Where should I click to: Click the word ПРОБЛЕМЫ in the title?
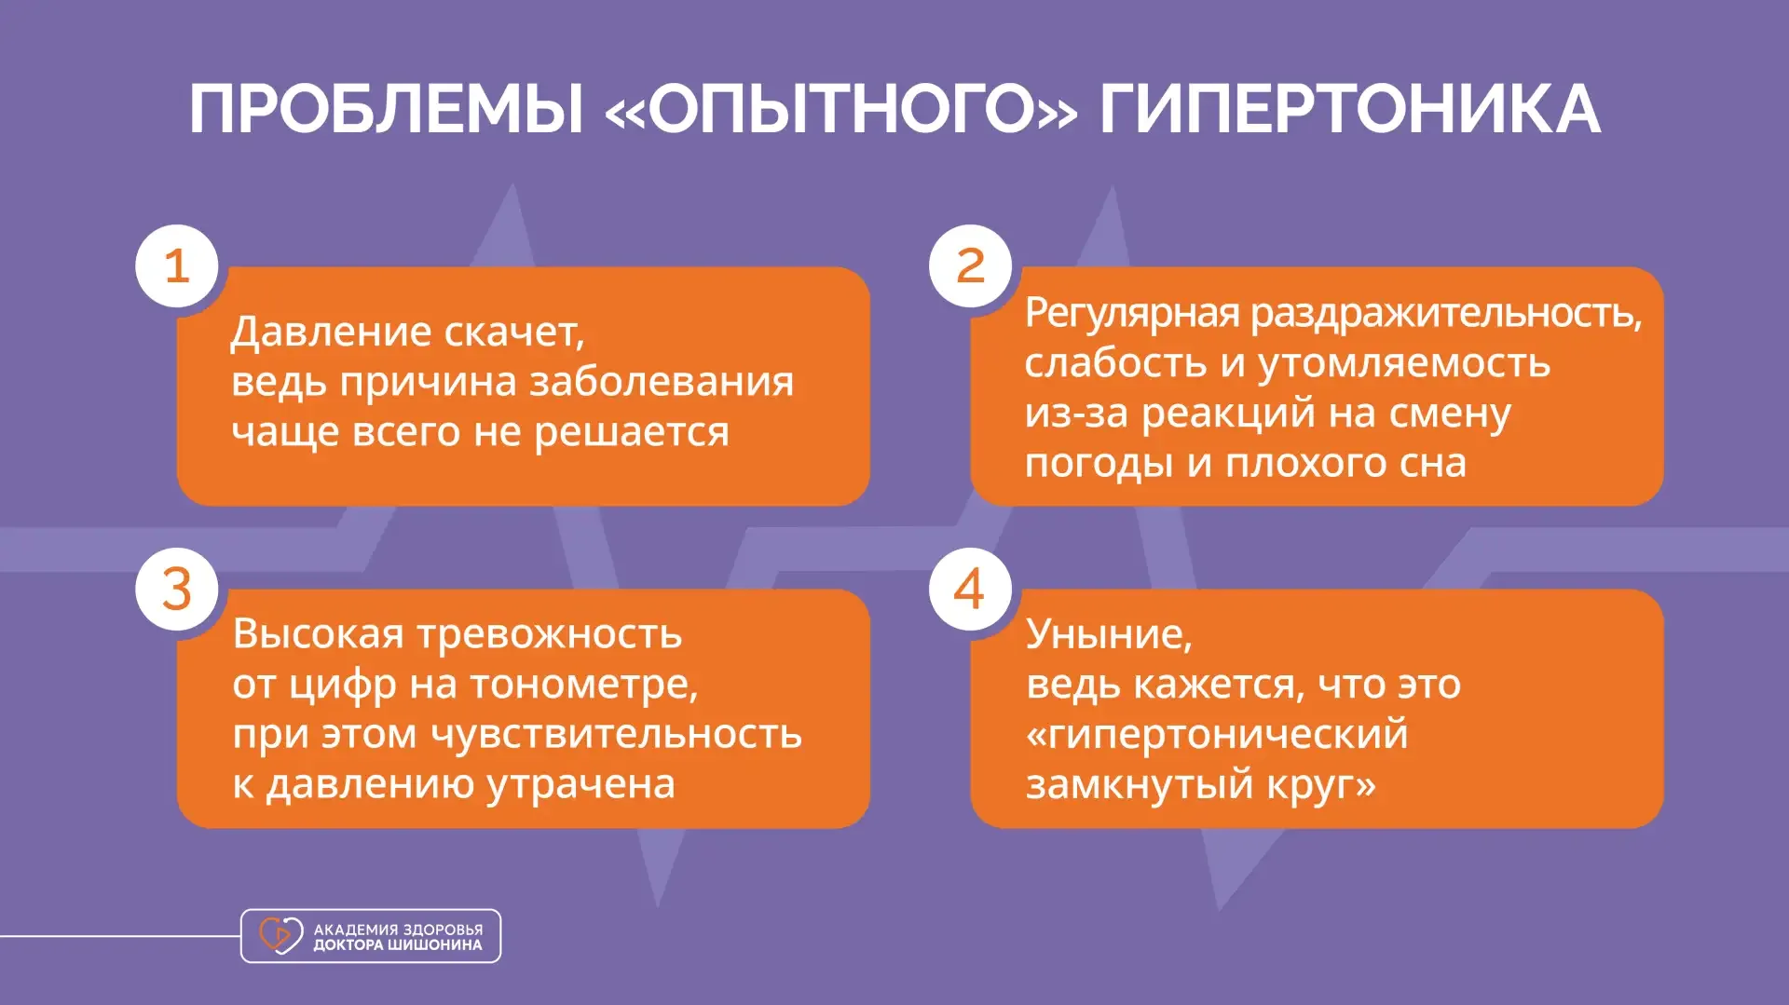[x=387, y=110]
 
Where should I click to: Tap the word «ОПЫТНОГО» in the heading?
[x=841, y=110]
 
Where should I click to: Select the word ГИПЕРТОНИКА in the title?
[x=1350, y=110]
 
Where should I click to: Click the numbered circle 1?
[x=177, y=266]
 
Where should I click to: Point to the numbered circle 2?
[x=970, y=266]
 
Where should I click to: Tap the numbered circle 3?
[x=177, y=589]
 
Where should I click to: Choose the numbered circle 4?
[x=970, y=589]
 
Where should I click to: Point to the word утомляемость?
[x=1404, y=364]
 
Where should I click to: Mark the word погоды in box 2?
[x=1099, y=464]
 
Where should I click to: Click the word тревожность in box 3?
[x=550, y=634]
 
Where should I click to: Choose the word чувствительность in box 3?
[x=616, y=735]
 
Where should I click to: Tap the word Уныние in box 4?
[x=1104, y=636]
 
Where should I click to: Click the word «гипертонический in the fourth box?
[x=1217, y=736]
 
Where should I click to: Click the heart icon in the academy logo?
[x=280, y=935]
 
